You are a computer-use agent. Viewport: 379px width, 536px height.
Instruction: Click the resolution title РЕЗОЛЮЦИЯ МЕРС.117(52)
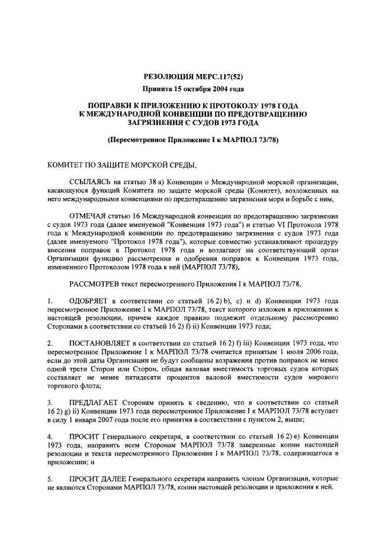click(x=189, y=76)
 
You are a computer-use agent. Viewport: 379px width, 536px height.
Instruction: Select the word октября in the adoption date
click(x=195, y=89)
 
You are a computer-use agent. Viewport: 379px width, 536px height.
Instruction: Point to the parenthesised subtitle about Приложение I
click(x=189, y=140)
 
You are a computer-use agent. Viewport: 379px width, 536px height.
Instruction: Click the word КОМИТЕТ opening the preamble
click(x=67, y=164)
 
